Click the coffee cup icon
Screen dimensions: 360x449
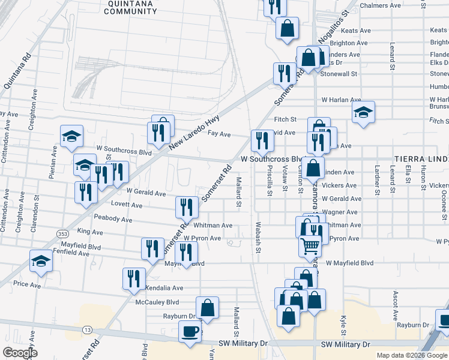click(190, 331)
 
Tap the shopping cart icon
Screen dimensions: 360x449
click(310, 245)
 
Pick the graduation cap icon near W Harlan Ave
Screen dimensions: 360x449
click(363, 112)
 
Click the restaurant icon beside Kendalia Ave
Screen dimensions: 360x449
click(134, 278)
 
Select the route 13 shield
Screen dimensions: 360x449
click(88, 330)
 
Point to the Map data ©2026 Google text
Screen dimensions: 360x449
click(411, 355)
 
